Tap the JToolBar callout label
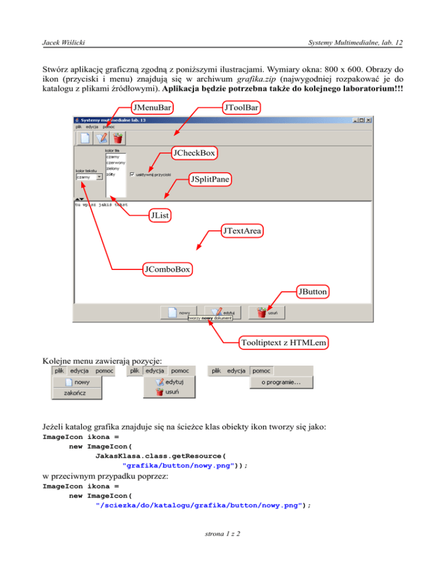tap(241, 108)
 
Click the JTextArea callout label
tap(242, 232)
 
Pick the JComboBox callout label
tap(168, 269)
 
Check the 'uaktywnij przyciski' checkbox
tap(133, 173)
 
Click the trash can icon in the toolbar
tap(118, 138)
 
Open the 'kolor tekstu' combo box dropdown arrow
tap(99, 178)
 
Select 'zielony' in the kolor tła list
tap(113, 168)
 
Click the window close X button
tap(368, 120)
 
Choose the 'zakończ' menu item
tap(77, 394)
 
